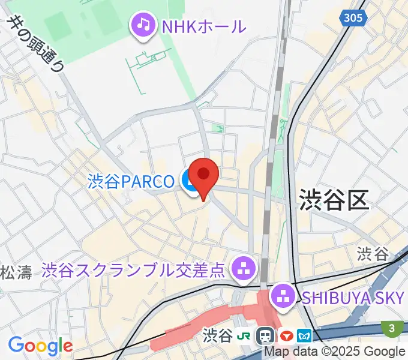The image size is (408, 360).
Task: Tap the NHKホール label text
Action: pyautogui.click(x=204, y=26)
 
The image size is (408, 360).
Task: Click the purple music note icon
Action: pyautogui.click(x=143, y=25)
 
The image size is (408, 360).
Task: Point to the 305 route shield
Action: pyautogui.click(x=353, y=18)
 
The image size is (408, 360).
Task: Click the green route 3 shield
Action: pyautogui.click(x=391, y=328)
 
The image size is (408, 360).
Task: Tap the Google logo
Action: pyautogui.click(x=40, y=346)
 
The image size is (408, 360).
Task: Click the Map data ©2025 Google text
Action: pyautogui.click(x=335, y=352)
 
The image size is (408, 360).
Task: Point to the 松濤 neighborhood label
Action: pyautogui.click(x=16, y=273)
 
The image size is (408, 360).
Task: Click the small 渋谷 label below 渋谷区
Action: pyautogui.click(x=373, y=253)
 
